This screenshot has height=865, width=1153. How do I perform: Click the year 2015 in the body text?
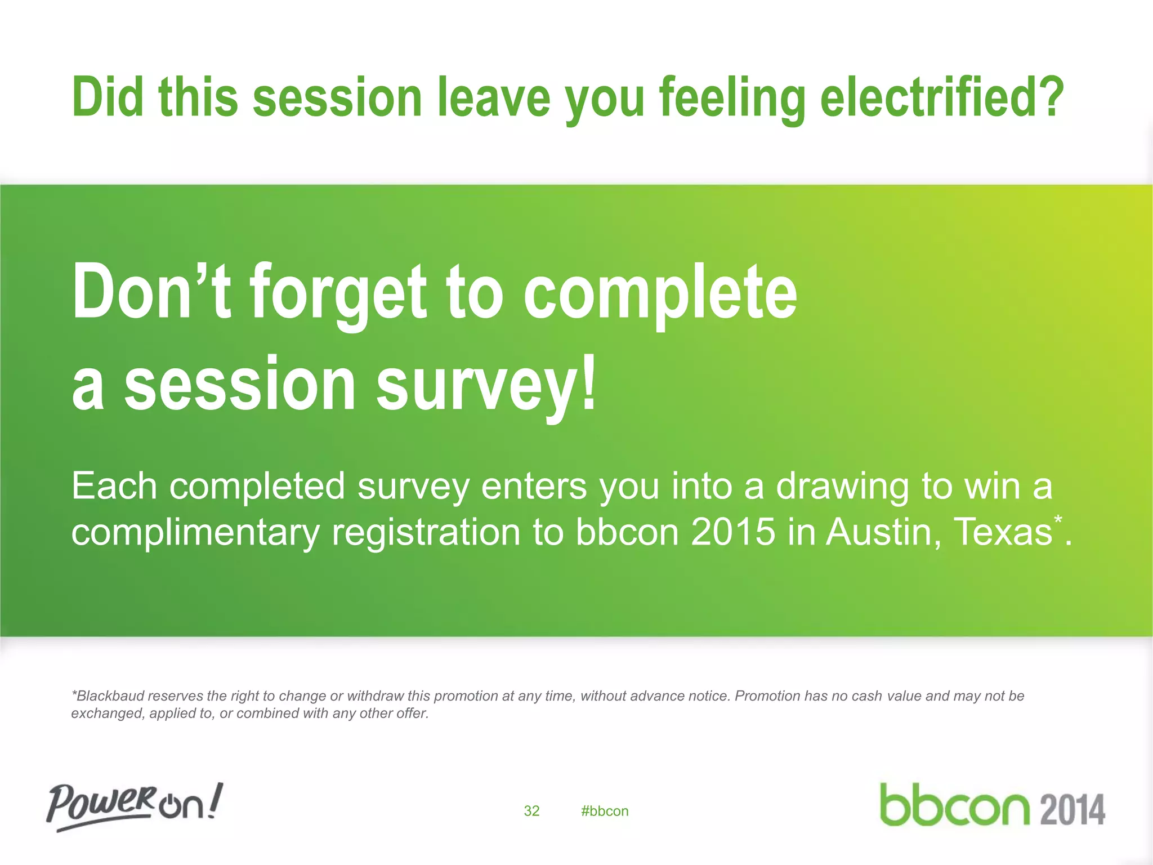tap(733, 532)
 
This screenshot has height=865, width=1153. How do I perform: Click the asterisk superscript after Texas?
tap(1058, 519)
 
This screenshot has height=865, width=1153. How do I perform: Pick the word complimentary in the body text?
tap(195, 532)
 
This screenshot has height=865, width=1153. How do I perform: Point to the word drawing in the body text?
tap(842, 486)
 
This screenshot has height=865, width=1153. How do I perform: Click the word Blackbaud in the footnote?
tap(111, 696)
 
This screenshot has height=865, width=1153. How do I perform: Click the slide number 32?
tap(531, 811)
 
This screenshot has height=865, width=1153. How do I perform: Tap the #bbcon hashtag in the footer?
tap(605, 811)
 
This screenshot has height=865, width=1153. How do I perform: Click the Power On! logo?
tap(135, 805)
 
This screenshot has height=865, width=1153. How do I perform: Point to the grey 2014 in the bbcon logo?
tap(1072, 810)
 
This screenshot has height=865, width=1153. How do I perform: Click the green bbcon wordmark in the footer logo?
tap(954, 805)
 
